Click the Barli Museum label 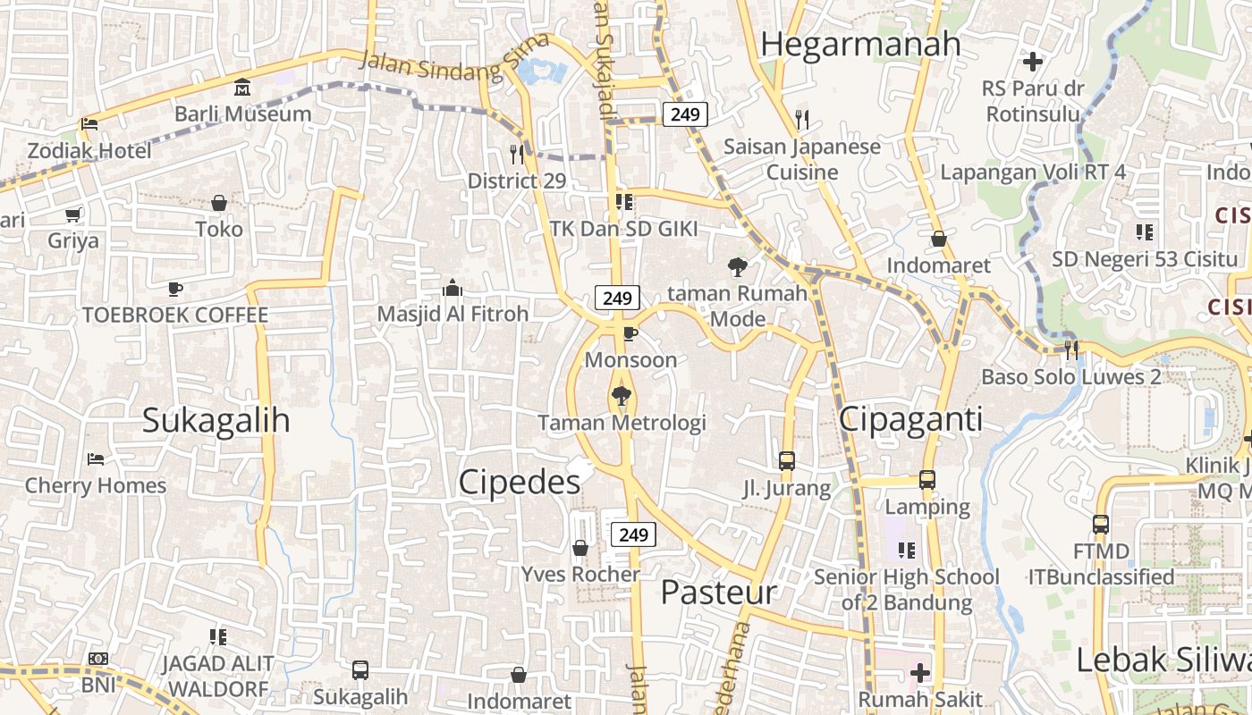242,114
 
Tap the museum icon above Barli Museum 242,88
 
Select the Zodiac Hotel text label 89,150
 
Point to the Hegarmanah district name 860,43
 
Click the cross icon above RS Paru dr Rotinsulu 1033,62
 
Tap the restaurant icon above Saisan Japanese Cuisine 802,119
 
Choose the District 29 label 517,181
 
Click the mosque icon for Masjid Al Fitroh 453,288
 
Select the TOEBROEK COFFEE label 175,315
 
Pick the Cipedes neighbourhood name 520,482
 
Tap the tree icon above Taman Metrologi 621,395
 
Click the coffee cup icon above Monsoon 630,334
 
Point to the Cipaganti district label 910,418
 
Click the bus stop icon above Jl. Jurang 787,461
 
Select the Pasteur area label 719,592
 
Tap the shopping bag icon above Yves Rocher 580,547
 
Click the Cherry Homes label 96,485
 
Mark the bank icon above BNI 98,659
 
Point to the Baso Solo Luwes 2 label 1071,376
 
